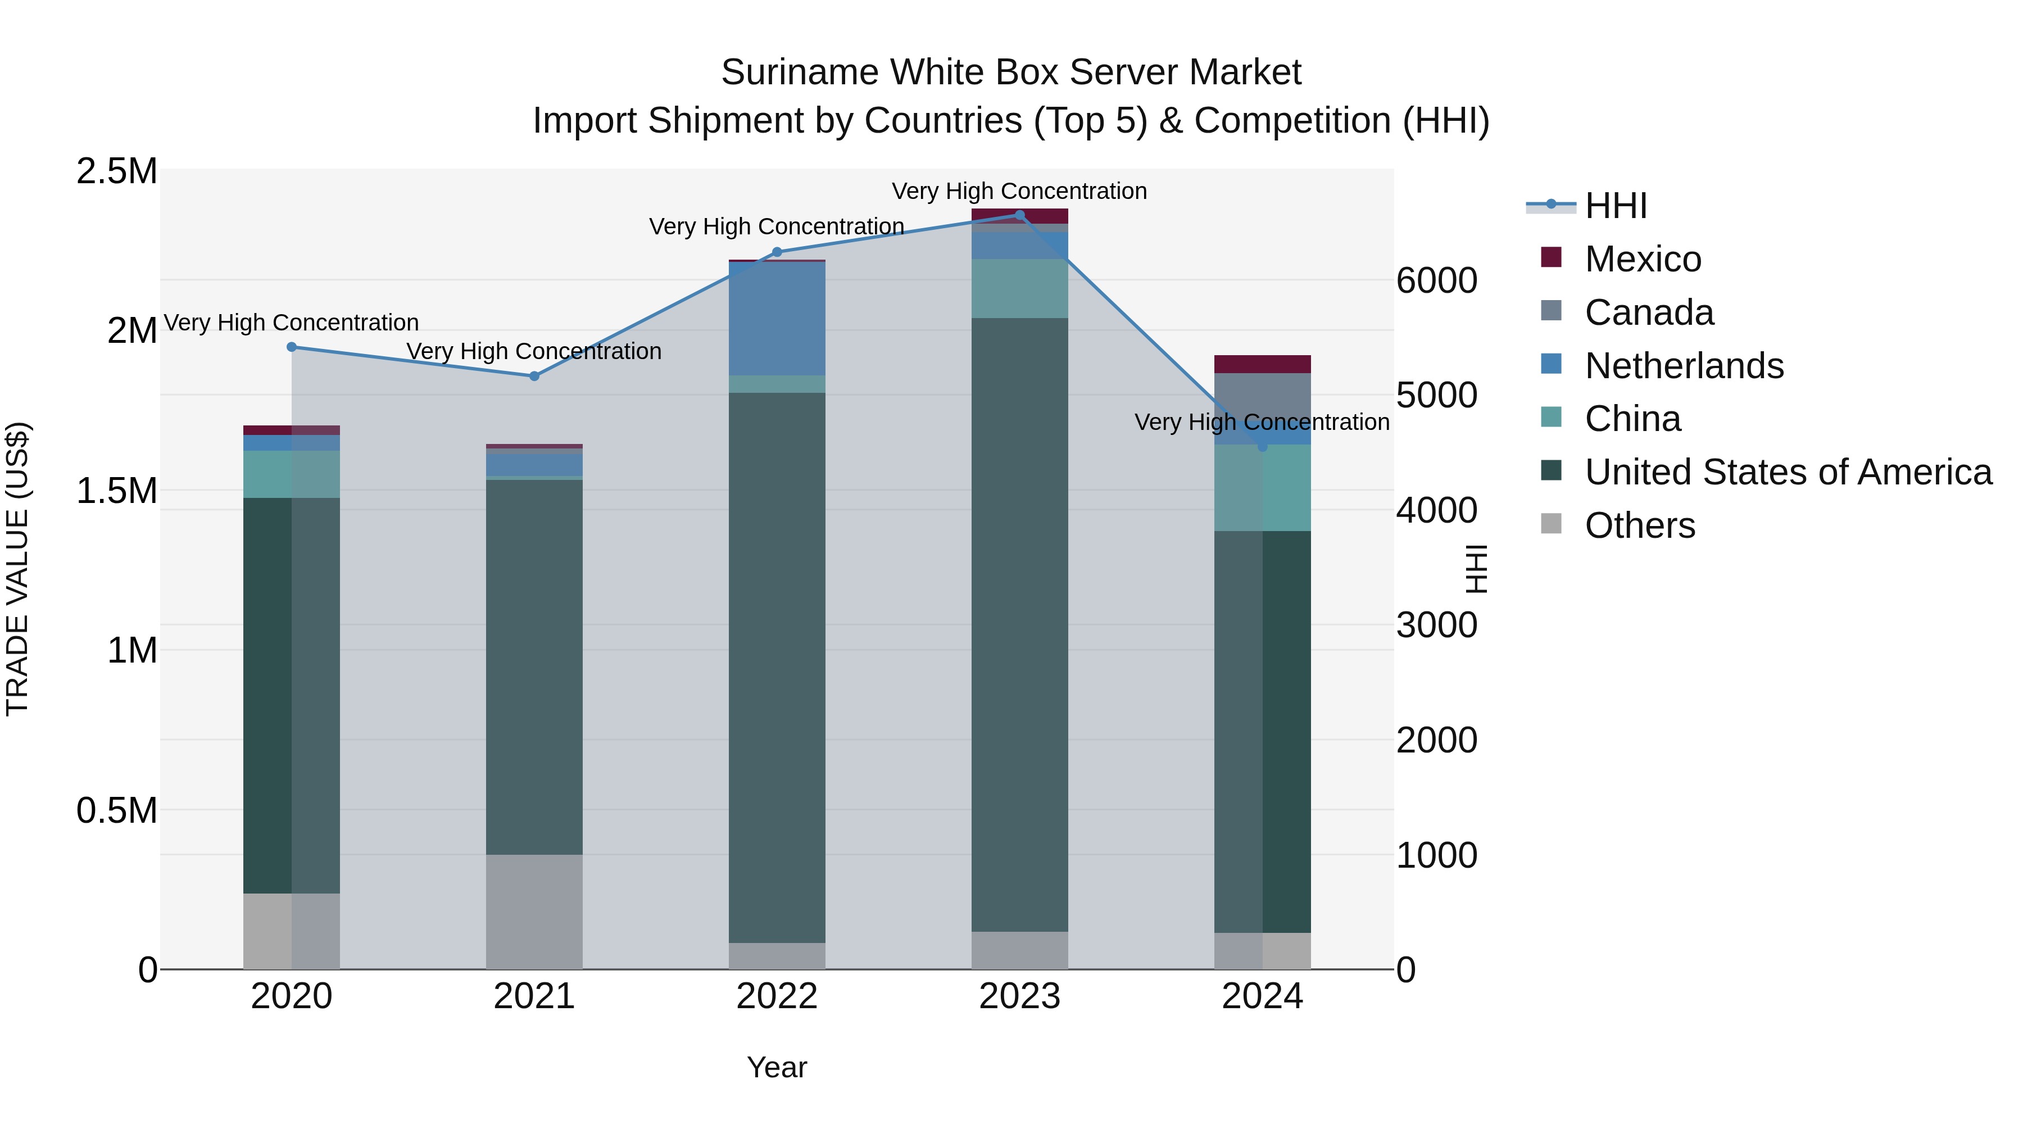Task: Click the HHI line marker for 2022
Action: pyautogui.click(x=777, y=252)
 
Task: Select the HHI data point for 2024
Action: pyautogui.click(x=1262, y=446)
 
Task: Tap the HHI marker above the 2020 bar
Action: pyautogui.click(x=291, y=346)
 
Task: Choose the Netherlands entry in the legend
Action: pyautogui.click(x=1684, y=366)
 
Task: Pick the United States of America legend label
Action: pyautogui.click(x=1788, y=472)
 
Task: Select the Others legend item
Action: pyautogui.click(x=1639, y=525)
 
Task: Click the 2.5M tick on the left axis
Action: pyautogui.click(x=116, y=171)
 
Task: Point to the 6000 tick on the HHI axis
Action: pyautogui.click(x=1436, y=280)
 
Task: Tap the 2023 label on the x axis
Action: pyautogui.click(x=1019, y=996)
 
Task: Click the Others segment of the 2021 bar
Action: pyautogui.click(x=534, y=911)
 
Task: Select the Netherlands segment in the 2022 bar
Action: pyautogui.click(x=777, y=318)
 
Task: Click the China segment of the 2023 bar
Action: pyautogui.click(x=1019, y=288)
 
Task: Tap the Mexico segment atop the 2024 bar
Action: pyautogui.click(x=1262, y=364)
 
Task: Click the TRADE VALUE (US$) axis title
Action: pyautogui.click(x=17, y=569)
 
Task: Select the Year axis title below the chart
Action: pyautogui.click(x=777, y=1067)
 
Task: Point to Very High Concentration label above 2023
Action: pyautogui.click(x=1019, y=191)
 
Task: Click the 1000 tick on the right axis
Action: pyautogui.click(x=1436, y=855)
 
